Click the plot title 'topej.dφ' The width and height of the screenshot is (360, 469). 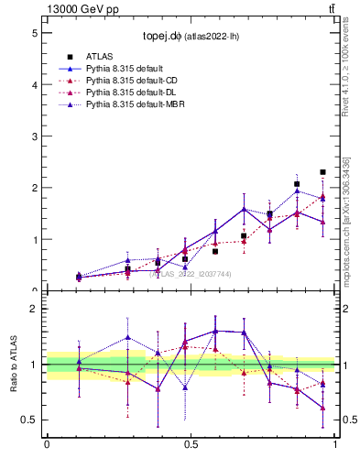click(x=161, y=38)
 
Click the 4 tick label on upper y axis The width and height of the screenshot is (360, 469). click(x=34, y=84)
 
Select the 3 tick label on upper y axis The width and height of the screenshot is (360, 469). click(x=34, y=136)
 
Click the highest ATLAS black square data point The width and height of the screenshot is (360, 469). click(x=322, y=172)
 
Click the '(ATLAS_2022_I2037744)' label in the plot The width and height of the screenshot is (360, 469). click(x=191, y=273)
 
